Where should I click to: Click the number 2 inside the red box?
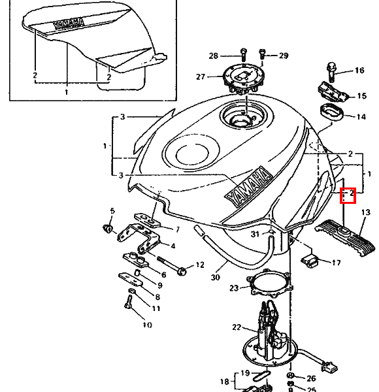click(x=352, y=193)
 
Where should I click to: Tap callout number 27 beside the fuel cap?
click(x=201, y=76)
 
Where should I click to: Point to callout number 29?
click(x=284, y=56)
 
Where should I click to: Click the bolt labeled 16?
click(x=331, y=73)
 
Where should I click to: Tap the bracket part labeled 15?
click(x=334, y=91)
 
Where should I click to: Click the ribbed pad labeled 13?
click(x=345, y=237)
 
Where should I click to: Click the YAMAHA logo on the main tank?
click(x=249, y=186)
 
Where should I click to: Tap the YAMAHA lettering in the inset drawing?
click(x=68, y=24)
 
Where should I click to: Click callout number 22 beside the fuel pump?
click(x=237, y=327)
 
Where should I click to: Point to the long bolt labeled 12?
click(x=172, y=265)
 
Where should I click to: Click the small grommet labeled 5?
click(x=108, y=228)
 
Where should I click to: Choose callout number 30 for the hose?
click(x=215, y=277)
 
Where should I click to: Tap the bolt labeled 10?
click(x=128, y=302)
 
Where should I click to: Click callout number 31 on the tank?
click(x=255, y=235)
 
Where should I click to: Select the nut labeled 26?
click(x=290, y=375)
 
